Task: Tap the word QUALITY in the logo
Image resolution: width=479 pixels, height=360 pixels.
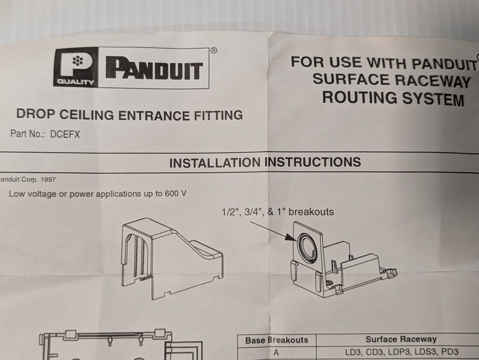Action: (76, 82)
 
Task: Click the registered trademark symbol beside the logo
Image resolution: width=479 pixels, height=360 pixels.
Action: (213, 51)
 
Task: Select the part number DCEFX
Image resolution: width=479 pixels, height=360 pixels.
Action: (65, 134)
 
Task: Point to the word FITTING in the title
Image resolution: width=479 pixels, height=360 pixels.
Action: (218, 115)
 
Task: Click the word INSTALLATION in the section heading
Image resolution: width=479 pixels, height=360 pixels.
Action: (215, 163)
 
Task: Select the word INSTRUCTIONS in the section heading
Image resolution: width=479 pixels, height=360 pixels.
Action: (313, 162)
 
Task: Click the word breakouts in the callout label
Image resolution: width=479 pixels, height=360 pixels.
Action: (311, 212)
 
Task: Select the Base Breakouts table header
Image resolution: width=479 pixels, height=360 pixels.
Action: (277, 340)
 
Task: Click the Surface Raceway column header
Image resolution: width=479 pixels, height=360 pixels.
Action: (401, 339)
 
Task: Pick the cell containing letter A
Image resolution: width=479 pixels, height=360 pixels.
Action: (276, 352)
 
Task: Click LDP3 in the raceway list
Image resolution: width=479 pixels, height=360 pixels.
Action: (402, 352)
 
